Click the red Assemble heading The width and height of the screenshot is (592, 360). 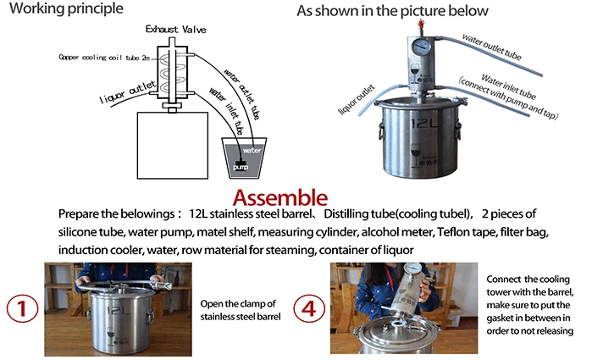click(280, 198)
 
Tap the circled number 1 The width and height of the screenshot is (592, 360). click(22, 308)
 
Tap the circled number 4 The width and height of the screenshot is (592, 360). click(309, 308)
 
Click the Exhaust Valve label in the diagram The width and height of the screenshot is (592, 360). click(176, 30)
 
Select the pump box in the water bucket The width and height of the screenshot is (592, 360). click(241, 166)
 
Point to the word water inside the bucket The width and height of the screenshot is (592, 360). click(252, 150)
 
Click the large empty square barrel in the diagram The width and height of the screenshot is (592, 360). click(173, 146)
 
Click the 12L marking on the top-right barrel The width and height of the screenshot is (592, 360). click(424, 124)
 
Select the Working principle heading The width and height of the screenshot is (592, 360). click(66, 8)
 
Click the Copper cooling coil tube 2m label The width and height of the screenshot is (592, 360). click(104, 58)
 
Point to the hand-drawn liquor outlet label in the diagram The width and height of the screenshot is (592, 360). click(127, 92)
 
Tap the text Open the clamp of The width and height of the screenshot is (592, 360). click(238, 304)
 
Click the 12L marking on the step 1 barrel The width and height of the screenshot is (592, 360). click(119, 311)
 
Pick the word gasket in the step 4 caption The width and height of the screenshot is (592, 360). click(499, 318)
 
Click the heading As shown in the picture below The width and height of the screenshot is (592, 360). click(392, 11)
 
